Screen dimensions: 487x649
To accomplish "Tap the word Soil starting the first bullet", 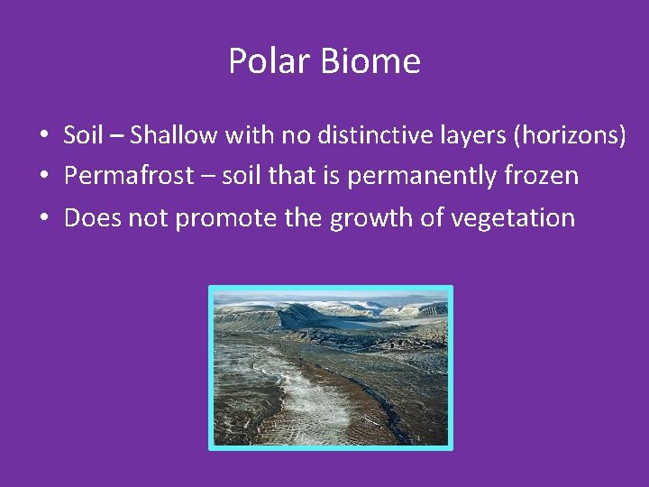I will click(x=83, y=135).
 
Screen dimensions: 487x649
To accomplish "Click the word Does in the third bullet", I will click(x=87, y=217).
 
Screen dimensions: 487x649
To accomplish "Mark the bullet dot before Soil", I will click(x=43, y=136).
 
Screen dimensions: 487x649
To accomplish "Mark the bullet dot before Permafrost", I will click(x=43, y=177).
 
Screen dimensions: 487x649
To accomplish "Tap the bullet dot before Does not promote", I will click(x=43, y=218).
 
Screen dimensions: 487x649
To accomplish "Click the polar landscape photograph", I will click(x=330, y=368).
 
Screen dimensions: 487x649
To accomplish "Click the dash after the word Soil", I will click(x=115, y=136).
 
